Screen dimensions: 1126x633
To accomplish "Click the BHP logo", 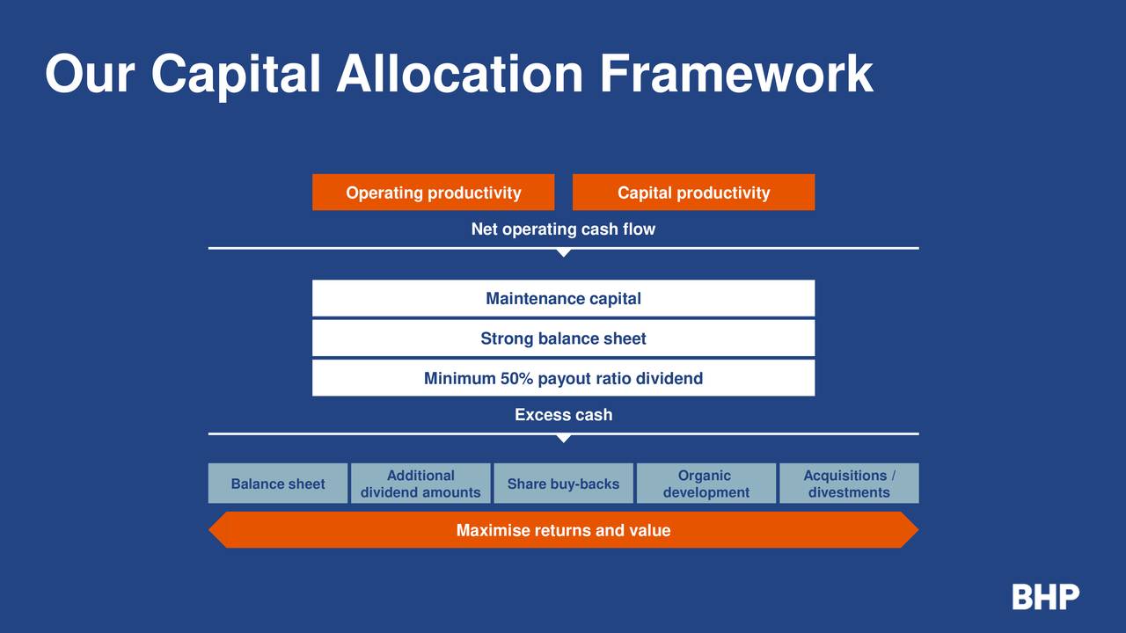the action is pyautogui.click(x=1046, y=597).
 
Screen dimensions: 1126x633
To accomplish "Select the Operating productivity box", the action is pyautogui.click(x=434, y=192).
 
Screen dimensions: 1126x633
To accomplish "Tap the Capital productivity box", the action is pyautogui.click(x=694, y=192).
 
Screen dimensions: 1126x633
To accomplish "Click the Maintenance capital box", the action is pyautogui.click(x=564, y=298).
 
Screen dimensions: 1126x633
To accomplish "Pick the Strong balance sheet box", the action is pyautogui.click(x=564, y=338).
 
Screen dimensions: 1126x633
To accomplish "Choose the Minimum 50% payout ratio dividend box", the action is pyautogui.click(x=564, y=378).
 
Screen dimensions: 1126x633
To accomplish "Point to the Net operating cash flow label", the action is pyautogui.click(x=564, y=229).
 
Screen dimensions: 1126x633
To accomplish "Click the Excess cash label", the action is pyautogui.click(x=564, y=415).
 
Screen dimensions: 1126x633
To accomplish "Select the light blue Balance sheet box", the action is pyautogui.click(x=278, y=484).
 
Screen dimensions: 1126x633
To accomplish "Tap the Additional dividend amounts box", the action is pyautogui.click(x=420, y=484).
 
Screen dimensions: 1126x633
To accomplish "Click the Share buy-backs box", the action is pyautogui.click(x=564, y=484).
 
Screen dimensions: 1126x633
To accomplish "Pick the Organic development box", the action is pyautogui.click(x=706, y=484).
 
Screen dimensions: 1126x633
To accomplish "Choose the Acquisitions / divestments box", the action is pyautogui.click(x=849, y=484).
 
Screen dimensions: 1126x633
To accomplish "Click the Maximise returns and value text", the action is pyautogui.click(x=564, y=530).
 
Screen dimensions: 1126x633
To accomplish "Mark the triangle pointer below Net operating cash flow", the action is pyautogui.click(x=564, y=253).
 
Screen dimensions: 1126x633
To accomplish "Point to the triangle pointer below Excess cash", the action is pyautogui.click(x=564, y=439).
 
